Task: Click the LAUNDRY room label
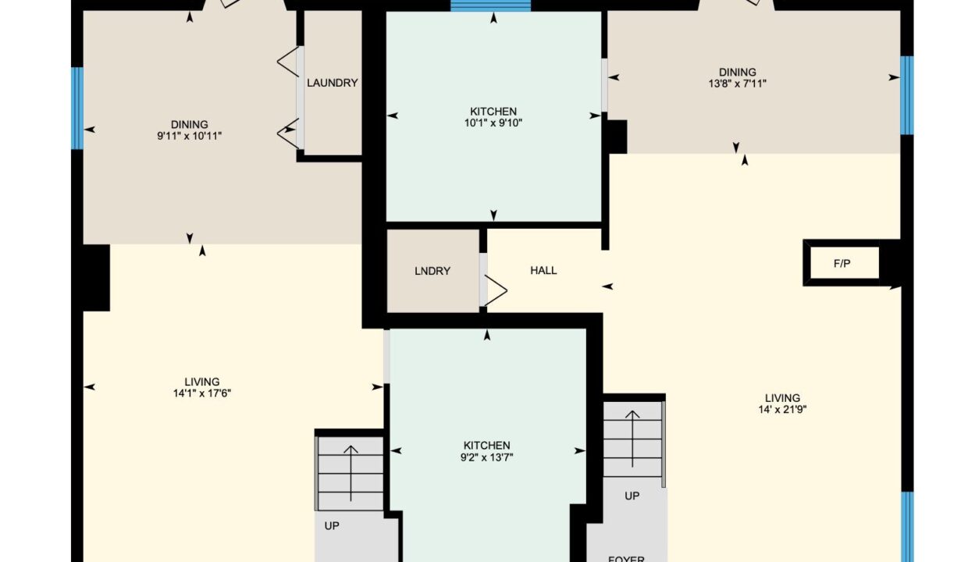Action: pyautogui.click(x=333, y=83)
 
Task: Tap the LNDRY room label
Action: pyautogui.click(x=432, y=271)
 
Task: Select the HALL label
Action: pyautogui.click(x=543, y=270)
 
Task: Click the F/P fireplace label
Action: pyautogui.click(x=842, y=264)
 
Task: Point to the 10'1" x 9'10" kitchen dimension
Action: pyautogui.click(x=493, y=123)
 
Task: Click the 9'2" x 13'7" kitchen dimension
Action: pyautogui.click(x=486, y=457)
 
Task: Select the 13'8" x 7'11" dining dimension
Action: pyautogui.click(x=737, y=84)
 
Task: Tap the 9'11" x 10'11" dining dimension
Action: pyautogui.click(x=189, y=136)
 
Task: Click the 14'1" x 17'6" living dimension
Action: pyautogui.click(x=202, y=393)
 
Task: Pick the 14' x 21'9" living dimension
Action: pyautogui.click(x=782, y=410)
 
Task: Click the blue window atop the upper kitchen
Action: pyautogui.click(x=490, y=5)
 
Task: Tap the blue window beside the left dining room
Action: pyautogui.click(x=77, y=108)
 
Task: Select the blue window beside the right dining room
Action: pyautogui.click(x=906, y=95)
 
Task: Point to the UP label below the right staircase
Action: pyautogui.click(x=632, y=496)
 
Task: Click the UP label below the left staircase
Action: pyautogui.click(x=332, y=526)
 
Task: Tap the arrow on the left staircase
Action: pyautogui.click(x=351, y=474)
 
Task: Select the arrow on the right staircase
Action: pyautogui.click(x=632, y=439)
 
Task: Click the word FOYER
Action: pyautogui.click(x=626, y=559)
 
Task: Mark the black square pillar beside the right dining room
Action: pyautogui.click(x=617, y=137)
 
